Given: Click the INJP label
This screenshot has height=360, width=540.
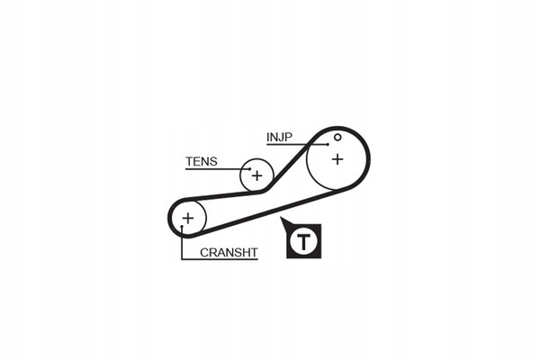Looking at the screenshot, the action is [279, 137].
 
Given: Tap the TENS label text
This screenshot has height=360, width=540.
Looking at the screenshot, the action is [202, 161].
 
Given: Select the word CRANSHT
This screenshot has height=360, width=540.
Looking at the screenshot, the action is [229, 253].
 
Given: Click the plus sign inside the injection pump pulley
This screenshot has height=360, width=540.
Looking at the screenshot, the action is [337, 159].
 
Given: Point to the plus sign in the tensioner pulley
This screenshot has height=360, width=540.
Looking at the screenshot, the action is [256, 176].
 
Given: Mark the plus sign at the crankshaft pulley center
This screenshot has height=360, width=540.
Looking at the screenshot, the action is [188, 218].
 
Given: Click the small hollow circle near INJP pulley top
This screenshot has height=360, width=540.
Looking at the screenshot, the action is [337, 137].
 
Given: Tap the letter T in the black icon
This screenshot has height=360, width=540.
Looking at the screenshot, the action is [303, 241].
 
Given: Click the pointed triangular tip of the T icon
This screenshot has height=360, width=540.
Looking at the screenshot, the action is [281, 218].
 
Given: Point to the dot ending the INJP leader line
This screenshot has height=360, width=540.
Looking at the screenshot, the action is [328, 144].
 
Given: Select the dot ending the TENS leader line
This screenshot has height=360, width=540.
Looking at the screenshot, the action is [250, 169].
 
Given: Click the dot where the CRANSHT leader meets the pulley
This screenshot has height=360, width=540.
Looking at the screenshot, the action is [182, 226].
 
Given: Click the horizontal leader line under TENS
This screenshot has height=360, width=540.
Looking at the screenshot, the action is [218, 169].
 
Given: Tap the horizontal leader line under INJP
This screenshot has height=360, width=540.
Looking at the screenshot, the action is [297, 144].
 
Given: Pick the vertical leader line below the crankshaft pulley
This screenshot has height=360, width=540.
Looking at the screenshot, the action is [182, 242].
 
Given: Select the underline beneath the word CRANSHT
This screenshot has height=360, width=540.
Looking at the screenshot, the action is [220, 258].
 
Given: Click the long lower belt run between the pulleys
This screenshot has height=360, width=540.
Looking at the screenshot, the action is [268, 212].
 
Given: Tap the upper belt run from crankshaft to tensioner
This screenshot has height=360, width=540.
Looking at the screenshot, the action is [224, 196].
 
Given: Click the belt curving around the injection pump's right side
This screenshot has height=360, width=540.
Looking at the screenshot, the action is [368, 159].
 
